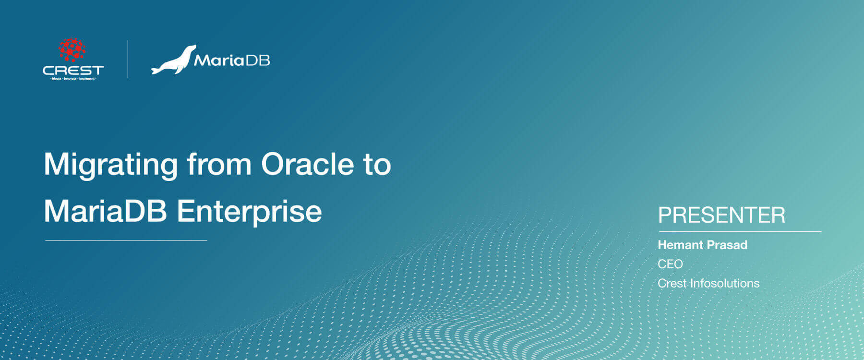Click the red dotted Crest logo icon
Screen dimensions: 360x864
point(72,50)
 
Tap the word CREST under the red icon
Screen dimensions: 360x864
point(73,70)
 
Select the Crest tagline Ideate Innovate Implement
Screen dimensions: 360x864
point(73,78)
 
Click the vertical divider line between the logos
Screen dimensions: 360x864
point(127,59)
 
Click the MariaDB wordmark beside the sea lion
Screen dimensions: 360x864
point(232,60)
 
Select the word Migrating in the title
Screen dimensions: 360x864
point(111,165)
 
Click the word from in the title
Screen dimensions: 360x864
point(219,165)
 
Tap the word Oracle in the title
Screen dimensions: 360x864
point(307,165)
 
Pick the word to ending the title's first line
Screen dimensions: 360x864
point(377,165)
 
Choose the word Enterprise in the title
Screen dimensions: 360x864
point(250,212)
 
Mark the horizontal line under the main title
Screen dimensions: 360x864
point(126,240)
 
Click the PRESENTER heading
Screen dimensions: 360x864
point(721,215)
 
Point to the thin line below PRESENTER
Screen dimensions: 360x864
point(739,231)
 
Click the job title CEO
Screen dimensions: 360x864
point(670,264)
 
